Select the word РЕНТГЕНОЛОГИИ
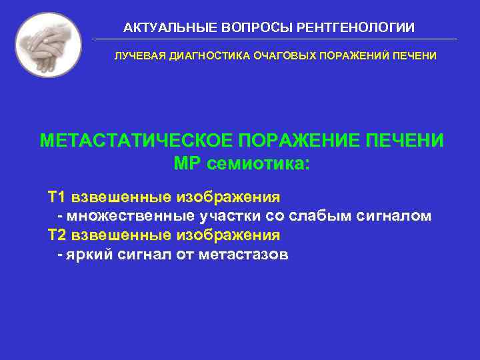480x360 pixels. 356,28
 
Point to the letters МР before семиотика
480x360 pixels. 186,163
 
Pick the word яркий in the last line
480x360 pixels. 87,255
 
